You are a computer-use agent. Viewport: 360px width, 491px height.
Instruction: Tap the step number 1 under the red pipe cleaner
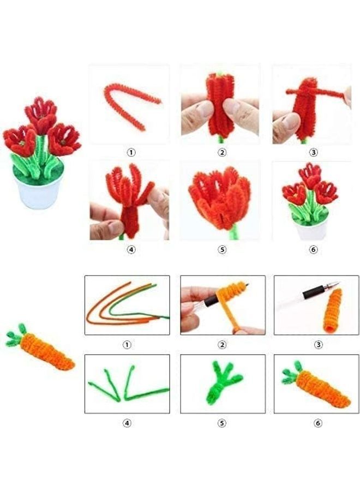pos(130,153)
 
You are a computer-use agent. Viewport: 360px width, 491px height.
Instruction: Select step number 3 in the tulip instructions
pos(313,153)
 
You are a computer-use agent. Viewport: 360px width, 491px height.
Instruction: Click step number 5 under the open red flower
pos(221,250)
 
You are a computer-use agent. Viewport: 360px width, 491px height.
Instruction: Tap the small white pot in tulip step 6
pos(311,230)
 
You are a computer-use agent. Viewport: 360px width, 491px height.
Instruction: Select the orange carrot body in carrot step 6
pos(325,389)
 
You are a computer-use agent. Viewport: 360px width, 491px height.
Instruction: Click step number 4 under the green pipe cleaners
pos(127,423)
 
